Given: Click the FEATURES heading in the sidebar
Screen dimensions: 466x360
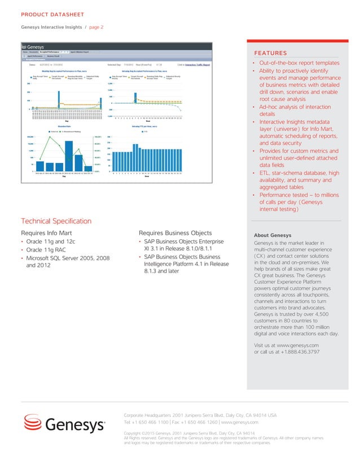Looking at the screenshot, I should [x=271, y=52].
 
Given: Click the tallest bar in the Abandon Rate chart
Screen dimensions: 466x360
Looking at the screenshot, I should [x=69, y=155].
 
